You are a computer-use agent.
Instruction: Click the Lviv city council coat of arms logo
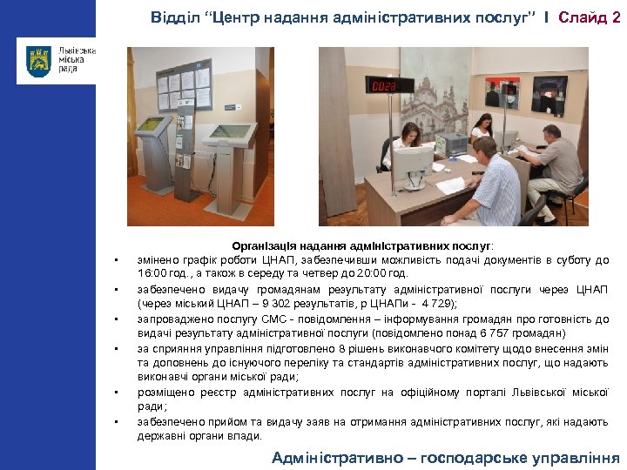(38, 62)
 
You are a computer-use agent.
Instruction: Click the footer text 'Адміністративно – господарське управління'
(445, 458)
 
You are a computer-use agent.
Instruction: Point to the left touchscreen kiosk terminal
(154, 148)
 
